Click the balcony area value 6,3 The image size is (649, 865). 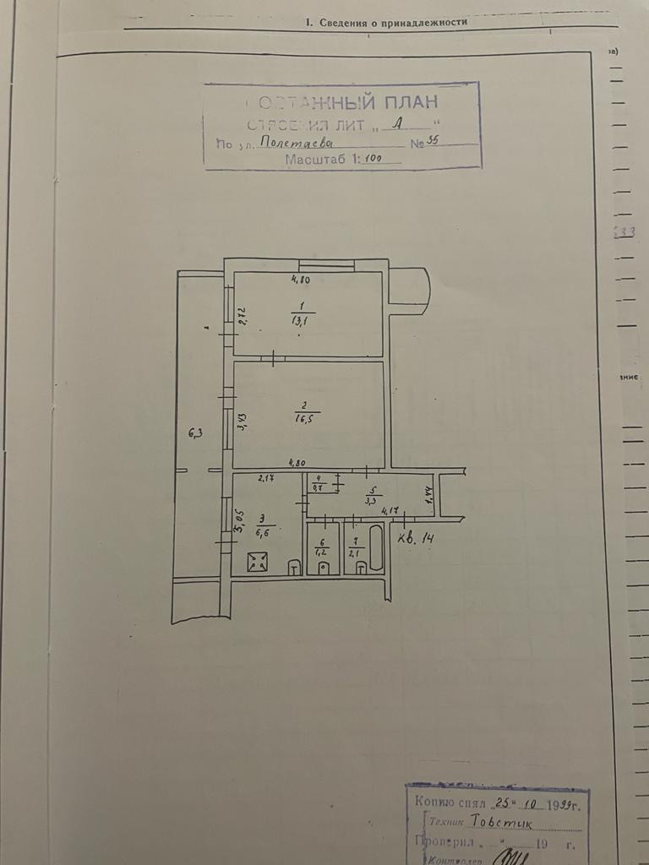click(196, 434)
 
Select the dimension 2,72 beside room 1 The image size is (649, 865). click(242, 316)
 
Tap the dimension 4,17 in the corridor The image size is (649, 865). click(390, 510)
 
